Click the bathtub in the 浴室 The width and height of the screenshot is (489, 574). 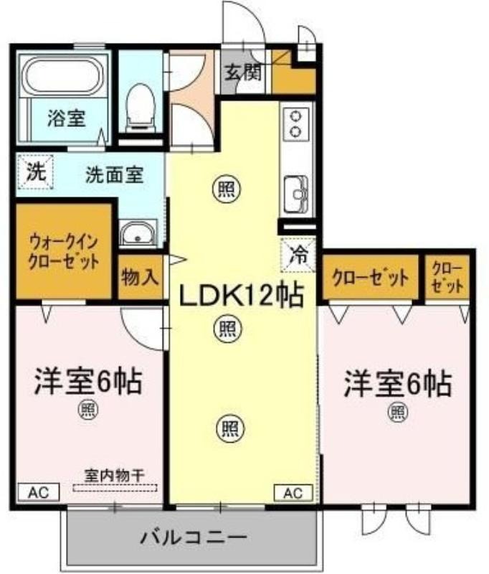pos(63,76)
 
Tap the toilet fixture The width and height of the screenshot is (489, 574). pos(140,107)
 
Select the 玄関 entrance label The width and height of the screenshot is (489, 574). pos(243,72)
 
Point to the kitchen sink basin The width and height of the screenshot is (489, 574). pos(297,194)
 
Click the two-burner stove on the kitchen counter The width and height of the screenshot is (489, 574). pos(296,123)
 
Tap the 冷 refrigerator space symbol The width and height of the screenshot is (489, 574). pos(298,255)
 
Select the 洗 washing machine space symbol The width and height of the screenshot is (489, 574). pos(35,171)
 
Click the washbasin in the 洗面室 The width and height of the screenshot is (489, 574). pos(138,233)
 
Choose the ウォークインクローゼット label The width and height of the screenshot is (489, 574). pos(63,252)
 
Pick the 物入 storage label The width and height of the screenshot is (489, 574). pos(140,277)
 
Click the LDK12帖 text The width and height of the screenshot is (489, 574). pos(241,294)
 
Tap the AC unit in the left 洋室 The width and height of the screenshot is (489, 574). pos(39,492)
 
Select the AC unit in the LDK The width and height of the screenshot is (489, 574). pos(293,493)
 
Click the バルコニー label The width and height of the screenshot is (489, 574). pos(194,537)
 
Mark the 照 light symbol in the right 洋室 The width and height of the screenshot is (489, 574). pos(397,412)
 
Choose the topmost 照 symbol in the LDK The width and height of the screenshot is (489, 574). pos(227,189)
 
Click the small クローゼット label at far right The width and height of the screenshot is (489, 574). pos(447,277)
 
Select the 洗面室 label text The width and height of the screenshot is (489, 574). pos(115,174)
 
